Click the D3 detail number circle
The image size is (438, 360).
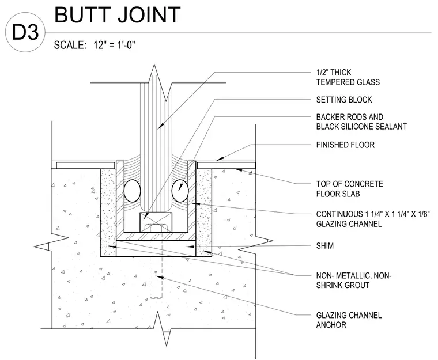point(25,32)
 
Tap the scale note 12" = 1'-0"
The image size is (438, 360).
point(114,45)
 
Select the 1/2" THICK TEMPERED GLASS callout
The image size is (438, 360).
point(348,77)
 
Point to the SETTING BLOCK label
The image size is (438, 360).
point(344,100)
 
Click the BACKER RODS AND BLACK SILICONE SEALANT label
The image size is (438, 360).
point(361,122)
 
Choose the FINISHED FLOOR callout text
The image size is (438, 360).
point(345,145)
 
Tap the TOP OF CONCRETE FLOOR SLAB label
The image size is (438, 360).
point(349,189)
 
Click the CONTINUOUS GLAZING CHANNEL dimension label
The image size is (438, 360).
point(373,219)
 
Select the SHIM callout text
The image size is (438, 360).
point(325,246)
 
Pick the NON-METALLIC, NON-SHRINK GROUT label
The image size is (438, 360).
point(354,281)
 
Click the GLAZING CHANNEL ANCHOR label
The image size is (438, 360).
point(349,320)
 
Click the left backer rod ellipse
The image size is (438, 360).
point(132,191)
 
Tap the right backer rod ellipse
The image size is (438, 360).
point(180,191)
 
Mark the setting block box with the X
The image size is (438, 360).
point(156,222)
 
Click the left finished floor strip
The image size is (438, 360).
point(85,165)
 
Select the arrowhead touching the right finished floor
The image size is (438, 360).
point(220,158)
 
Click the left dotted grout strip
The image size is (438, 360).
point(108,213)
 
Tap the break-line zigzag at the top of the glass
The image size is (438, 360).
point(160,83)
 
